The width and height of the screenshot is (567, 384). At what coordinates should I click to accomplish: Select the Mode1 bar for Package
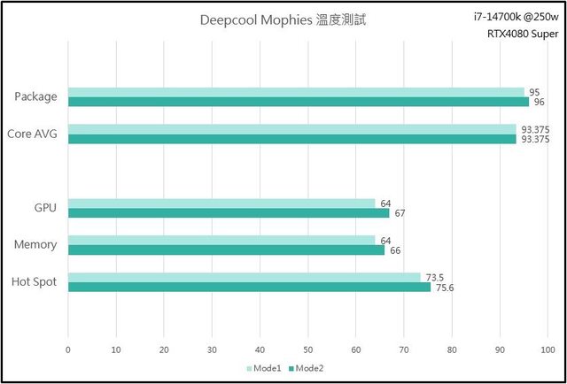(297, 92)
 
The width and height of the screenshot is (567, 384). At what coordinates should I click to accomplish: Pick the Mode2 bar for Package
(299, 102)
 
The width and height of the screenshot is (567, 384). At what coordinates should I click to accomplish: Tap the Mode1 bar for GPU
(221, 204)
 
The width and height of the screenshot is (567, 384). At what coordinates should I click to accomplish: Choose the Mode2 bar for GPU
(229, 213)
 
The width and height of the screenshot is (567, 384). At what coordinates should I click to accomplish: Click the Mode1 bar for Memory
(221, 240)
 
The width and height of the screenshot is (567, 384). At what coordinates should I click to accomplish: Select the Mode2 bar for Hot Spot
(249, 287)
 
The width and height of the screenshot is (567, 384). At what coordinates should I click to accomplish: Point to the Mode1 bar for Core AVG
(292, 129)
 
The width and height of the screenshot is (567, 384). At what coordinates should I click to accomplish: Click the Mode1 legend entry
(267, 368)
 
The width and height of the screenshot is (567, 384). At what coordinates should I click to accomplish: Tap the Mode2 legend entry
(307, 368)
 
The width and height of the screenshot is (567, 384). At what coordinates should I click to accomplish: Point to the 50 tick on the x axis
(307, 349)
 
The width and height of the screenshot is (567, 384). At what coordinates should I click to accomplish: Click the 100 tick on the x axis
(547, 349)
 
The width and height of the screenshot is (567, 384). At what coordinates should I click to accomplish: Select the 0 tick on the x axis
(68, 349)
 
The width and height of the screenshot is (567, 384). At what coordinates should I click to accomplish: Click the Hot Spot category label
(35, 282)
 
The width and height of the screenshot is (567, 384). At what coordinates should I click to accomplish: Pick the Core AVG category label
(32, 134)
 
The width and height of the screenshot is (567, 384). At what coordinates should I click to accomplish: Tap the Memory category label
(35, 244)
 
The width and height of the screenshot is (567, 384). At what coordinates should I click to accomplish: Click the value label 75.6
(444, 287)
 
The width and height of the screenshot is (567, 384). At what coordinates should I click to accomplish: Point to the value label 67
(400, 213)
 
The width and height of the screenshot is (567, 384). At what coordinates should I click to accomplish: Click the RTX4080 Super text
(516, 35)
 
